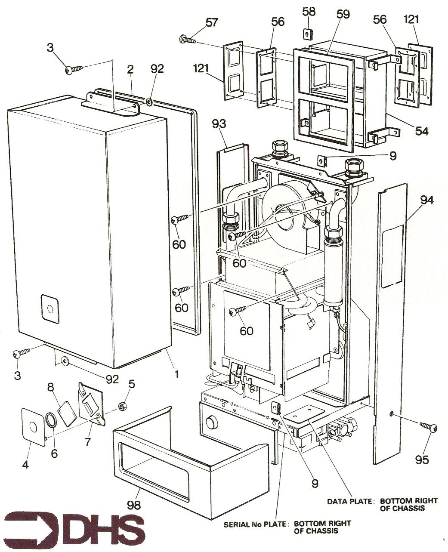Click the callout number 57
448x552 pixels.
[211, 23]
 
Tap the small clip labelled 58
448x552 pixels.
[308, 33]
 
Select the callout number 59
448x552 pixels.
[343, 15]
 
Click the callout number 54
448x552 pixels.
[422, 131]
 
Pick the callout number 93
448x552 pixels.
[219, 124]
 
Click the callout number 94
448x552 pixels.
[427, 200]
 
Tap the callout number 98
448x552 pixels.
[134, 505]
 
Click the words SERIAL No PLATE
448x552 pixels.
[255, 524]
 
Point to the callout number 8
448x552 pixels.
[50, 386]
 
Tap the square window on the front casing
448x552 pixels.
[51, 309]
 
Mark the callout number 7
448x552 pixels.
[89, 442]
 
